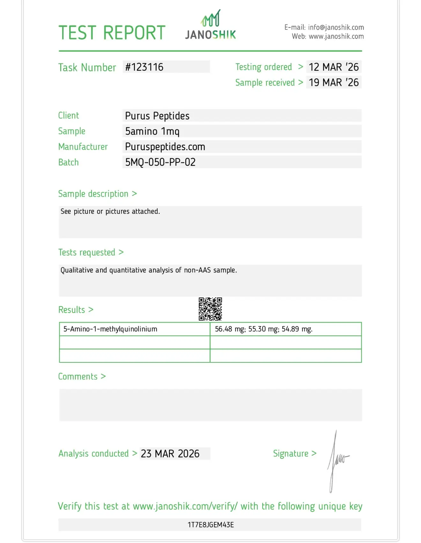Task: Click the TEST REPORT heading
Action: click(112, 33)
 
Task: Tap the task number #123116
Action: click(144, 67)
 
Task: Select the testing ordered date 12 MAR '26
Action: click(334, 67)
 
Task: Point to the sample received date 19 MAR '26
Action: click(334, 83)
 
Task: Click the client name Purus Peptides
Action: click(157, 116)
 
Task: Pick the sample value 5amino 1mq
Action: click(152, 131)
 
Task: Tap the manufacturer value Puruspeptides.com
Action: click(165, 147)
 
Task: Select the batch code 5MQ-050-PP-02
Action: click(160, 162)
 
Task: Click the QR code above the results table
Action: click(210, 309)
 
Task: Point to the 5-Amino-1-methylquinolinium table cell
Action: click(110, 329)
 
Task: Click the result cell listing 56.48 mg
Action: click(263, 329)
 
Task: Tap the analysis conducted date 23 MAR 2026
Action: click(170, 454)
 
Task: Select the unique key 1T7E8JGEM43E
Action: click(211, 525)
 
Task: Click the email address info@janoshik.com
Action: click(336, 27)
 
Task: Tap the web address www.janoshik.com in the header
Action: click(336, 36)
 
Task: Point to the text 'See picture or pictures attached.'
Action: click(110, 212)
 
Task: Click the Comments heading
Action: click(78, 377)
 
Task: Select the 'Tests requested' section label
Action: click(87, 252)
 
